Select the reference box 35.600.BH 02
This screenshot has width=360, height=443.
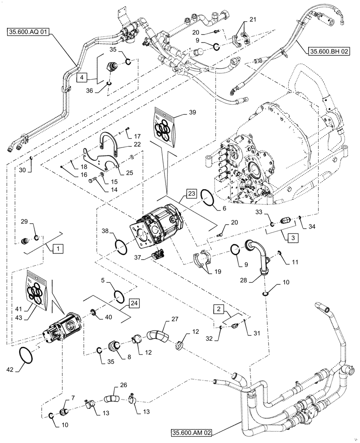tap(327, 52)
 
